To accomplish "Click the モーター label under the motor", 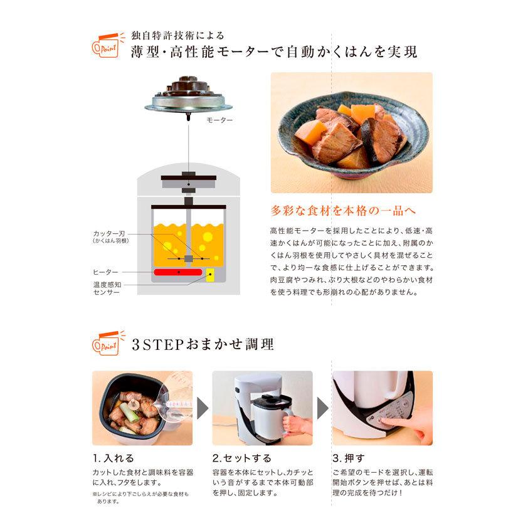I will coord(219,119).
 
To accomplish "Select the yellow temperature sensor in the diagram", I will coord(211,275).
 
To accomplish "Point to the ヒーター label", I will coord(105,272).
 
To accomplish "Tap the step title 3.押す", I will coord(349,458).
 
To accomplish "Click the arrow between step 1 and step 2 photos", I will coord(203,408).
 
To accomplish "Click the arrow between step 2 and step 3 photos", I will coord(322,408).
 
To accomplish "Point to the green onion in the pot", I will coord(130,413).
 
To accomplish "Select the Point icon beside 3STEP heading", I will coord(107,343).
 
